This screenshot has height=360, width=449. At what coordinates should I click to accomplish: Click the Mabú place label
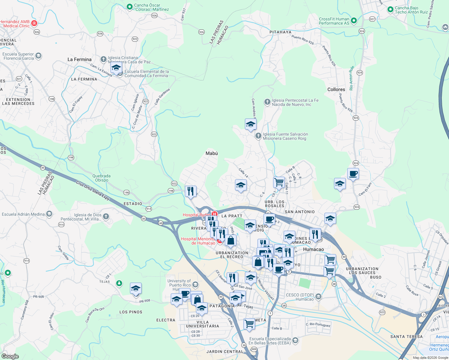[x=212, y=153]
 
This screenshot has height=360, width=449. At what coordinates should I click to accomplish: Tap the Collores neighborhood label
[x=336, y=89]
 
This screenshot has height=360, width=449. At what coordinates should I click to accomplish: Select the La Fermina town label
[x=79, y=59]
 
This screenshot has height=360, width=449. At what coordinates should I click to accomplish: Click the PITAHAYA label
[x=280, y=32]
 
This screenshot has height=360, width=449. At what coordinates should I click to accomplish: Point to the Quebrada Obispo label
[x=101, y=178]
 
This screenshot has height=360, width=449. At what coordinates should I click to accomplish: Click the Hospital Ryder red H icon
[x=214, y=214]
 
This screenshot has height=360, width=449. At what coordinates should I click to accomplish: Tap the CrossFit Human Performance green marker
[x=354, y=21]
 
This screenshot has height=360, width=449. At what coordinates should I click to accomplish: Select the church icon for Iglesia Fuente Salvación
[x=258, y=136]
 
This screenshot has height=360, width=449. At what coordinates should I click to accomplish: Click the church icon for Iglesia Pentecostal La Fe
[x=267, y=102]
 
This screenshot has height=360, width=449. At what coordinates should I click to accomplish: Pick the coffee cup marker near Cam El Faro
[x=353, y=174]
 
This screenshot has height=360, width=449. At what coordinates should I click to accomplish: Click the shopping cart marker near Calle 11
[x=279, y=182]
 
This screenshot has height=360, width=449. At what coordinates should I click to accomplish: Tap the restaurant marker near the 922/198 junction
[x=191, y=191]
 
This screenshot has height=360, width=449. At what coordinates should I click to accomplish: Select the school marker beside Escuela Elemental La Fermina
[x=116, y=68]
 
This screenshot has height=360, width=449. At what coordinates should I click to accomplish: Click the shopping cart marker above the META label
[x=249, y=324]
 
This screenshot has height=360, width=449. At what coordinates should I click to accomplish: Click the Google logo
[x=10, y=356]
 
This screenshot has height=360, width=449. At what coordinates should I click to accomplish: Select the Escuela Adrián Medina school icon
[x=49, y=214]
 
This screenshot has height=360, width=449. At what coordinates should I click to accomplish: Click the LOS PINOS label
[x=131, y=312]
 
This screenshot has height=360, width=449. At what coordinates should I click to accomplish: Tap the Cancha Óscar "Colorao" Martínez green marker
[x=130, y=7]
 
